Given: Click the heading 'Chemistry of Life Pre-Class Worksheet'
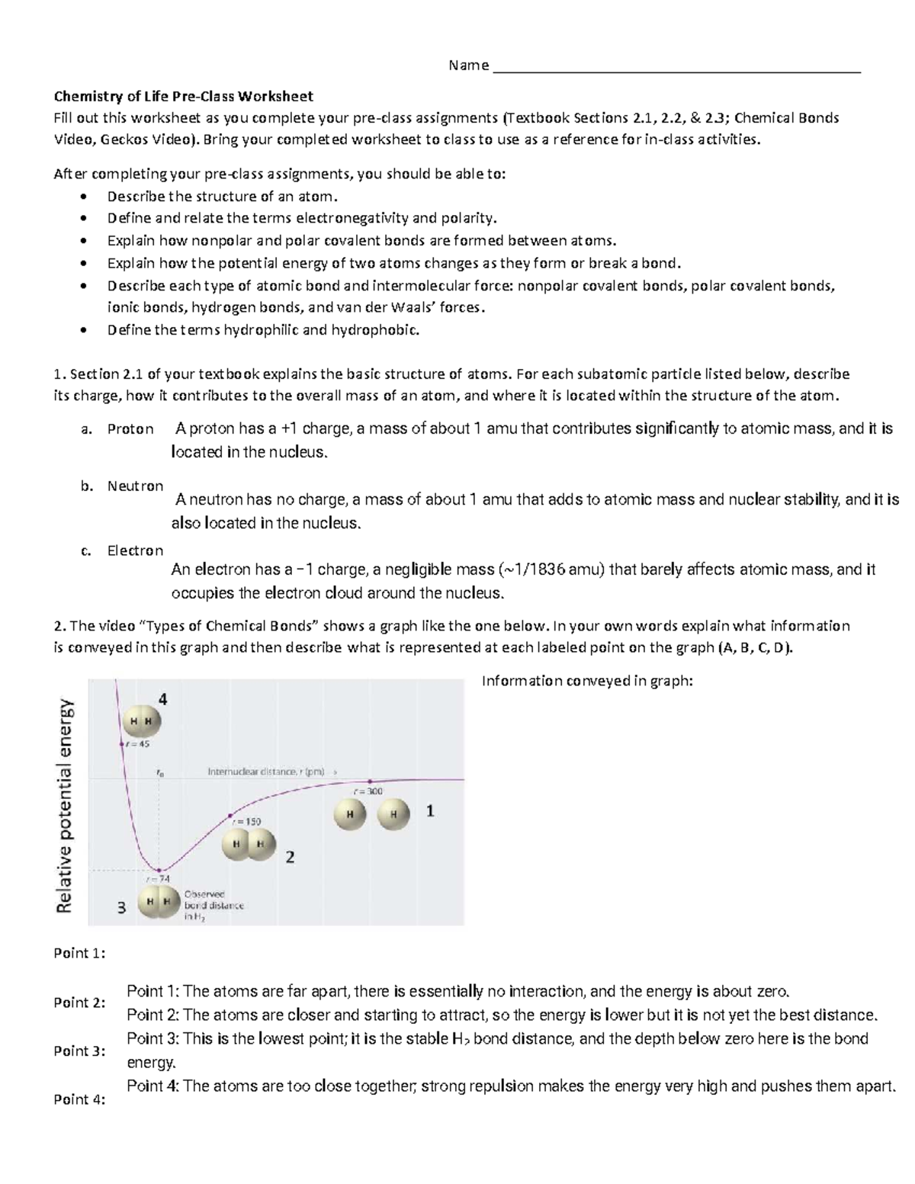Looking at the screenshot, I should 183,96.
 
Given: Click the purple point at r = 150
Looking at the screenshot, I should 230,816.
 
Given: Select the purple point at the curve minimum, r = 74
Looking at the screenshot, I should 159,870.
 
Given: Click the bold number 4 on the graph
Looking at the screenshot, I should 162,699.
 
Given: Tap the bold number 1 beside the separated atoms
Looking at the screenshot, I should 430,811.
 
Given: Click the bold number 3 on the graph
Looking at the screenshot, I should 120,908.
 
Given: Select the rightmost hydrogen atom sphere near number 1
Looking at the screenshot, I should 393,814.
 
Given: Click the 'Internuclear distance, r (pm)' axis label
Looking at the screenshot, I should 267,772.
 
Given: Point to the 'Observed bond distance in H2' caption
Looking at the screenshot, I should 213,905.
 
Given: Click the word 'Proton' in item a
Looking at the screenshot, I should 130,429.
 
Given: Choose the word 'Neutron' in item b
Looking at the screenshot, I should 135,486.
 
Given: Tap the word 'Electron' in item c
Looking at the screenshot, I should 135,550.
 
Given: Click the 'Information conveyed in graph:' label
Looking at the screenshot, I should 587,681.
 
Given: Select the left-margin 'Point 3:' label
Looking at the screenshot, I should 79,1051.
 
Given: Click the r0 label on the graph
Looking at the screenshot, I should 159,772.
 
